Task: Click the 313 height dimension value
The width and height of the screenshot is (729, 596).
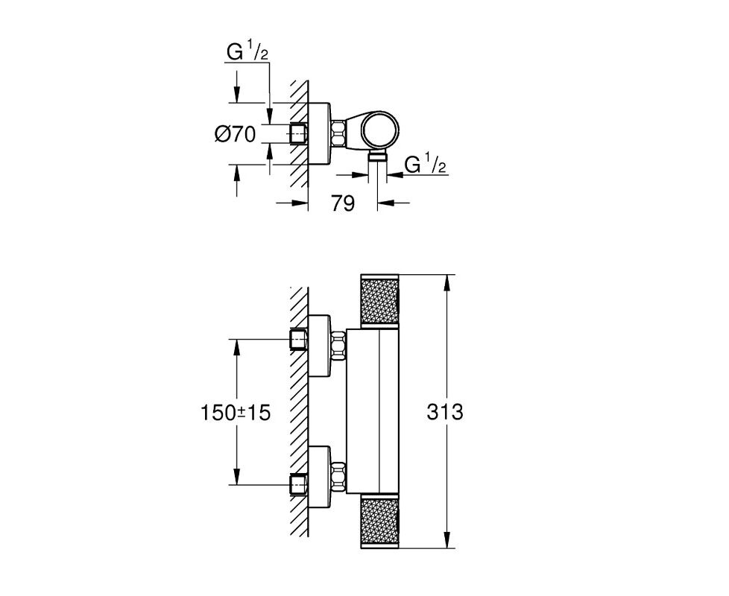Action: [445, 412]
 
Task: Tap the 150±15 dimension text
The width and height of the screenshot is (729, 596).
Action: [236, 413]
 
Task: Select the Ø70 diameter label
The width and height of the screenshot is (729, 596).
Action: [236, 135]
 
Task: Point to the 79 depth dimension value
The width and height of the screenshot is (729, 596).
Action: [343, 203]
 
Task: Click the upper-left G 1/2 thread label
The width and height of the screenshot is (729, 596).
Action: [247, 52]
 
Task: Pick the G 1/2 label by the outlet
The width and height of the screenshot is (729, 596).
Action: [426, 165]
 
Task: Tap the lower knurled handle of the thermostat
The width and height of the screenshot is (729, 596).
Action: [380, 521]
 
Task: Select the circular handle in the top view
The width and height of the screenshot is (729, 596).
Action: [379, 130]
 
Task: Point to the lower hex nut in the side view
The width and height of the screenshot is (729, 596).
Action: [338, 477]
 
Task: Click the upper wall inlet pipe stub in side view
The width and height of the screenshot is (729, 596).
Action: [299, 340]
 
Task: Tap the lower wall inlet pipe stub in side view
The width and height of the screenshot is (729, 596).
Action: [299, 484]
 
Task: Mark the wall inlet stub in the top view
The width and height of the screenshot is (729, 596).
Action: [299, 134]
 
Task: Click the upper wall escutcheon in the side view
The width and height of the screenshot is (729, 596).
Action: [320, 346]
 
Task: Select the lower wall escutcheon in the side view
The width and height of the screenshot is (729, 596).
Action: [320, 477]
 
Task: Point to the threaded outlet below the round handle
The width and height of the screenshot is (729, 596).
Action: [377, 156]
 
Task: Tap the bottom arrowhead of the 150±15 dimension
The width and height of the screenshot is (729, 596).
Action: [237, 477]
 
